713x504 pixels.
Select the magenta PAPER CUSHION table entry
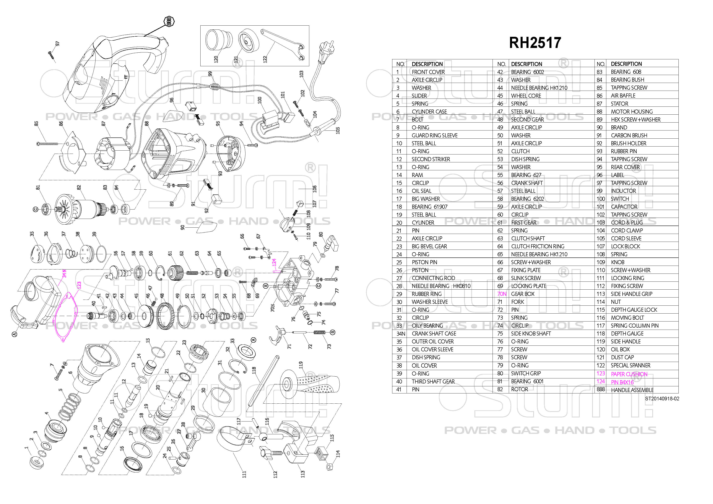(629, 374)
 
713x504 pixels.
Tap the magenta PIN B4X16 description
(622, 382)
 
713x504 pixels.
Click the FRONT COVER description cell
(428, 72)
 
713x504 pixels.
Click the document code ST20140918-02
(662, 399)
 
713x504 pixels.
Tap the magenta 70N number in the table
(502, 294)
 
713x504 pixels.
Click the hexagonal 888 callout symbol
(169, 21)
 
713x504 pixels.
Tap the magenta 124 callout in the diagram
(274, 262)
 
